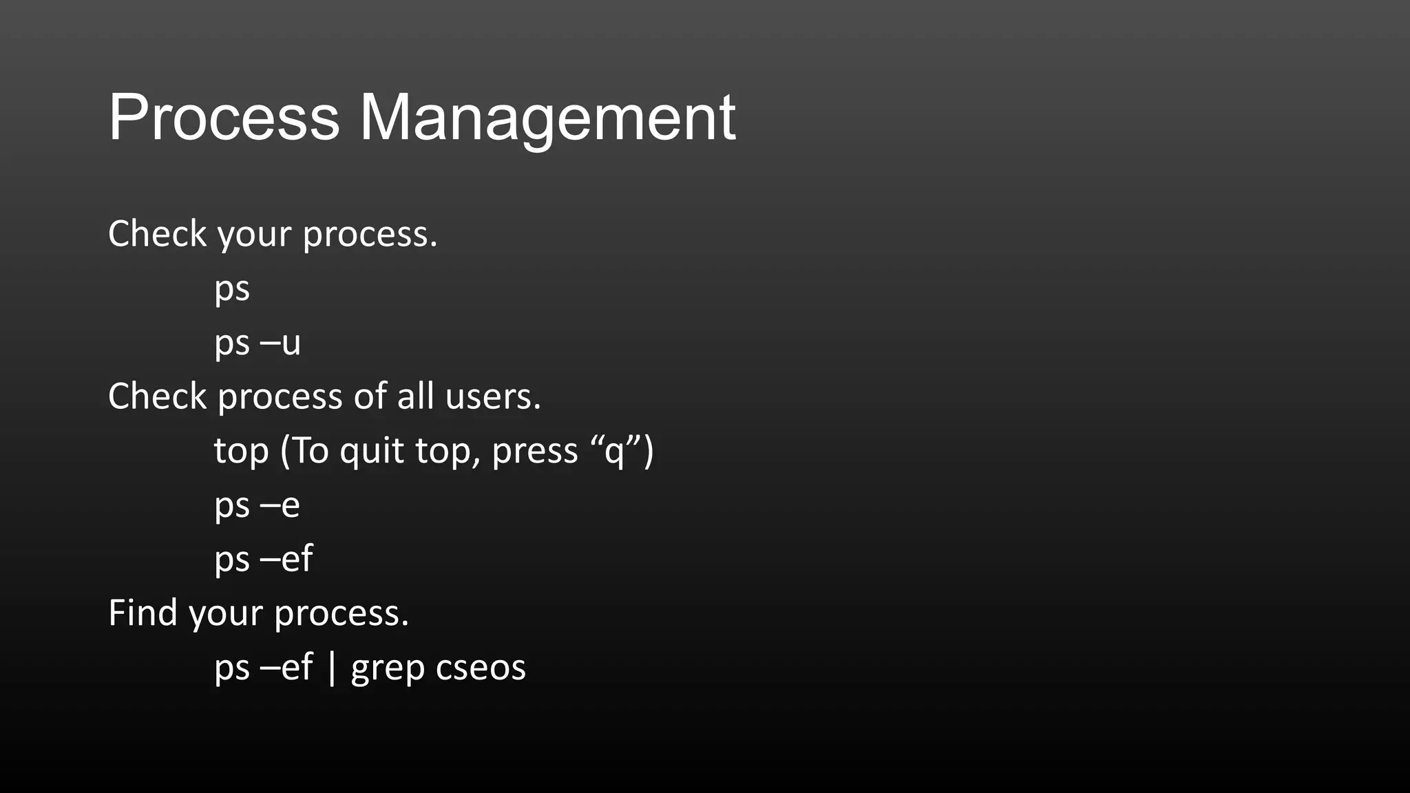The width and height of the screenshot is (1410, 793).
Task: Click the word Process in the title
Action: [x=224, y=118]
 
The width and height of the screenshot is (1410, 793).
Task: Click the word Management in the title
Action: [x=547, y=118]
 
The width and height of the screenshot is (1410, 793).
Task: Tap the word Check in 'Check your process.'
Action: [x=157, y=234]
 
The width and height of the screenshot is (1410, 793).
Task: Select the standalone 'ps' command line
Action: [x=232, y=288]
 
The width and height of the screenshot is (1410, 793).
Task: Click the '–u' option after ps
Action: [x=281, y=342]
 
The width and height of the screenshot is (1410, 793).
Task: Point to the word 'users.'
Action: [x=493, y=396]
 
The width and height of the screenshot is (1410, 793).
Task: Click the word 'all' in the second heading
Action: [x=415, y=396]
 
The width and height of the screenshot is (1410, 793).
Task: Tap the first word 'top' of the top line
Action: [x=241, y=452]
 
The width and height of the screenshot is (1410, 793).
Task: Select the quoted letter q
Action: [x=614, y=452]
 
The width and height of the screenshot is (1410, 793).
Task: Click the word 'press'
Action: [x=535, y=452]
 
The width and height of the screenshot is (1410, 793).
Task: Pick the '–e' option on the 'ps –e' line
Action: [x=280, y=505]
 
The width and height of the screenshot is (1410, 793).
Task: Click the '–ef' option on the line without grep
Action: [x=286, y=558]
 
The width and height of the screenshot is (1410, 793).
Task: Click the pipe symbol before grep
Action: [x=333, y=667]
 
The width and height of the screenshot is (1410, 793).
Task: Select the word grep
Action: [x=387, y=668]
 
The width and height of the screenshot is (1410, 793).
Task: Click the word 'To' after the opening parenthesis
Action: [x=311, y=452]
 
